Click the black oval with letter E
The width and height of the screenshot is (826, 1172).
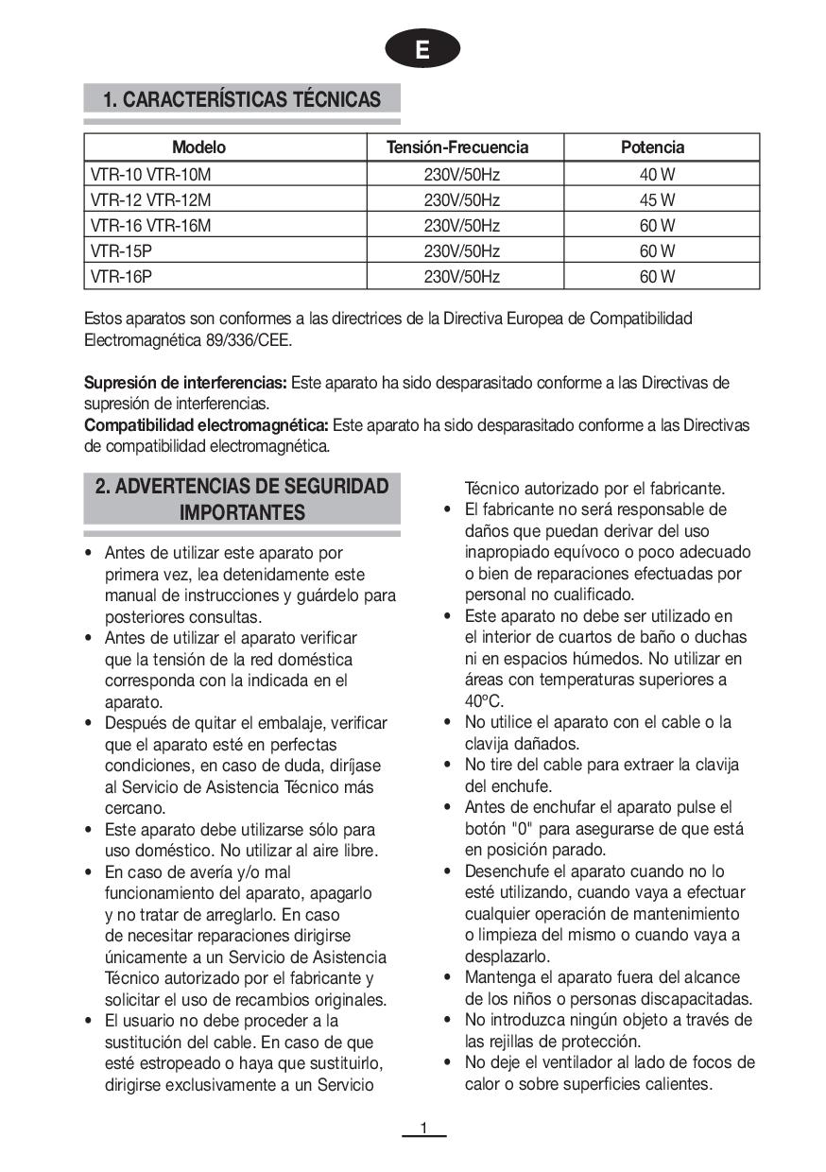coord(422,50)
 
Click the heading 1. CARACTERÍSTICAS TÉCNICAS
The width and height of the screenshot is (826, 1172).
coord(242,99)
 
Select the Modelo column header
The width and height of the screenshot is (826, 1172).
coord(199,147)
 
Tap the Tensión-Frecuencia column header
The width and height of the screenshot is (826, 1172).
coord(457,147)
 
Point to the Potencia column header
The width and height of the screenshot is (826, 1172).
coord(652,147)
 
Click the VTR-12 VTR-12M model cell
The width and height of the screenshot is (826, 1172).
coord(151,200)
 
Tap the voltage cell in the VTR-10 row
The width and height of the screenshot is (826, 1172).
coord(461,175)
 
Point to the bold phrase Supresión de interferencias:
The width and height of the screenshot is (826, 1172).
coord(185,383)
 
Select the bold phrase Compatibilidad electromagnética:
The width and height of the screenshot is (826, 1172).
coord(206,425)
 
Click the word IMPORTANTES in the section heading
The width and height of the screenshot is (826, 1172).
coord(242,513)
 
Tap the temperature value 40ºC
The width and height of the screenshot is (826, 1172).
coord(484,701)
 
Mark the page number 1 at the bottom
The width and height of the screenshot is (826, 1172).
coord(423,1128)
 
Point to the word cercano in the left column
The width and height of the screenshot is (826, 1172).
coord(134,808)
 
